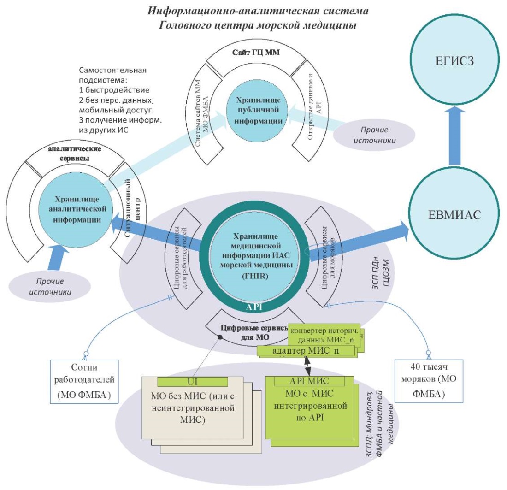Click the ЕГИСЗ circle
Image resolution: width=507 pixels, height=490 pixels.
(454, 60)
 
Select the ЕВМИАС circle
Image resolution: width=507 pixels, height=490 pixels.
(454, 214)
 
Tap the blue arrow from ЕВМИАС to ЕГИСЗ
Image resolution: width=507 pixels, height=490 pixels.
(454, 136)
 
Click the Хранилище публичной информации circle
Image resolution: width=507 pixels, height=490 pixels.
(258, 110)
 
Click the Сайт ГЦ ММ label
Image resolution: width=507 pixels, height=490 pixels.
(256, 53)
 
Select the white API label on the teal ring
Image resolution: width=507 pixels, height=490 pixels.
(254, 307)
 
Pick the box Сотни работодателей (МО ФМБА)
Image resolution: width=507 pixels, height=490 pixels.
(84, 381)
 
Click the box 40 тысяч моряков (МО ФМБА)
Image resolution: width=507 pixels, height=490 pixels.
(429, 381)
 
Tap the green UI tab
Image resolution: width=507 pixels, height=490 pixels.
(192, 381)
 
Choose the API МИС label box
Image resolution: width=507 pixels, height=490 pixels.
(309, 381)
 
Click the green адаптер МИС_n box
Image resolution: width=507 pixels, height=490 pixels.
(306, 351)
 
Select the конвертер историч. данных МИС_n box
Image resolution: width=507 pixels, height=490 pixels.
(324, 335)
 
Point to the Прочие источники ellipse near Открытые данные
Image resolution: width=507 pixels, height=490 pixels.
(374, 135)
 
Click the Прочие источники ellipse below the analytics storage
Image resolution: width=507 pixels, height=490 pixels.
(49, 287)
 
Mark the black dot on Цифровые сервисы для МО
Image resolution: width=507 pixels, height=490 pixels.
(220, 337)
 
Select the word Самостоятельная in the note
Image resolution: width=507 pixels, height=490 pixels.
(112, 70)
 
